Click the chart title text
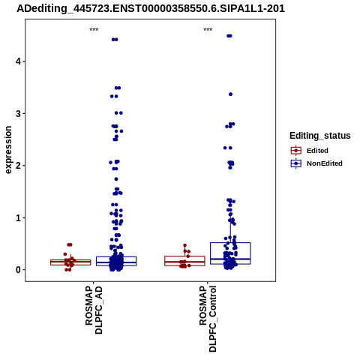(x=151, y=8)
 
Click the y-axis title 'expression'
(x=8, y=150)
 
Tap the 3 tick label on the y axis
(x=18, y=113)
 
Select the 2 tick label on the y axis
(x=18, y=166)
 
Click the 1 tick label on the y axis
(x=18, y=217)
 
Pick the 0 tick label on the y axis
(x=18, y=270)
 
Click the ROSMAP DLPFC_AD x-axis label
(x=94, y=310)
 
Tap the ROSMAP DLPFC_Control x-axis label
(x=208, y=319)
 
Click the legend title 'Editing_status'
(x=320, y=136)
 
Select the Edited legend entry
(x=310, y=151)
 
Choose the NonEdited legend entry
(x=316, y=163)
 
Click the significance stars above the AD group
(x=94, y=30)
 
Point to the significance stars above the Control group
(x=208, y=30)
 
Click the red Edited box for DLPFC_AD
(x=70, y=262)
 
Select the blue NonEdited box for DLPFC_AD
(x=116, y=261)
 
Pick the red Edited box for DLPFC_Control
(x=184, y=261)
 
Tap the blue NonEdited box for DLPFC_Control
(x=230, y=253)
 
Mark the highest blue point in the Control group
(x=229, y=36)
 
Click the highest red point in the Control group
(x=185, y=245)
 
